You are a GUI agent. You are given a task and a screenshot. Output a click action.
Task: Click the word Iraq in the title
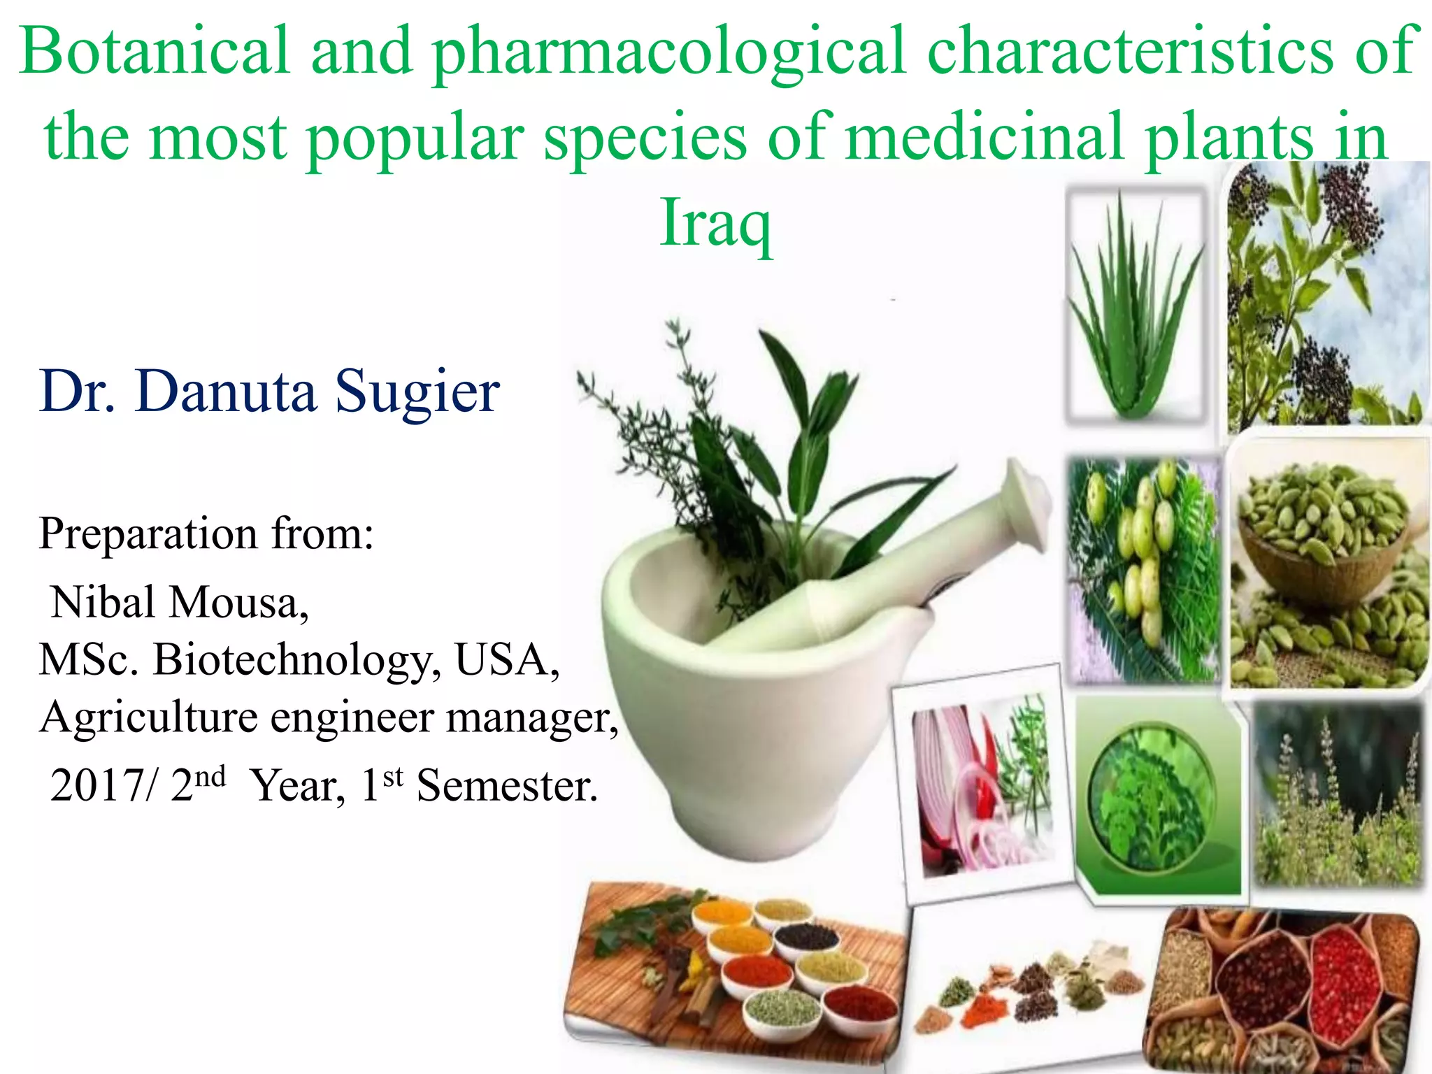pos(716,222)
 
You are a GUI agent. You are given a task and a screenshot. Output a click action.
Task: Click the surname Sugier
pos(417,392)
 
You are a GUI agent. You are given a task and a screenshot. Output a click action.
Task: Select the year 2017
pos(98,786)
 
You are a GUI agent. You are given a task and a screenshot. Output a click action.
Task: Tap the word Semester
pos(507,786)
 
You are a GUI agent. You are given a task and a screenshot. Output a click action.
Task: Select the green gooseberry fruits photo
pos(1143,570)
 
